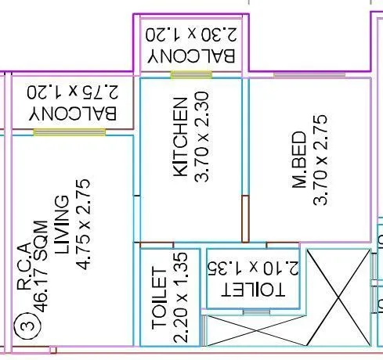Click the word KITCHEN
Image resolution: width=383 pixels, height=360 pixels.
click(180, 137)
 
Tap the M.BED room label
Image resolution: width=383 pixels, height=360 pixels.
click(299, 159)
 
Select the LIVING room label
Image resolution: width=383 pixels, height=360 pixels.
click(62, 225)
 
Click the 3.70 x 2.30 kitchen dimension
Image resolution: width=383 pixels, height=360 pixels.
click(201, 136)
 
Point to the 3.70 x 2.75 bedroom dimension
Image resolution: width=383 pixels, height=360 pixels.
click(320, 160)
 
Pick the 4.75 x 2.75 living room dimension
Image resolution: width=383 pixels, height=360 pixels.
click(83, 225)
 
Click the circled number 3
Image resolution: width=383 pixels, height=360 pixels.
click(27, 326)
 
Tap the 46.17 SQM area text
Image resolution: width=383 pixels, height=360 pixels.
click(41, 267)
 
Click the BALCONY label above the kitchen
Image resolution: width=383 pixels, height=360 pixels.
click(191, 56)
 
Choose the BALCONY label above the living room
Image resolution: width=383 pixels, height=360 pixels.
click(73, 113)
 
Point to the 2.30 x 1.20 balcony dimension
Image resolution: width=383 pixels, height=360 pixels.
click(191, 35)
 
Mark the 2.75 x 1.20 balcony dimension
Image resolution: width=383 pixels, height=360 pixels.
click(73, 92)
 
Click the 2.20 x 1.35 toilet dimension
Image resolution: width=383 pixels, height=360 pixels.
click(180, 297)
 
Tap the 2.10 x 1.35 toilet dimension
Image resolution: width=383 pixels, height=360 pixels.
click(253, 268)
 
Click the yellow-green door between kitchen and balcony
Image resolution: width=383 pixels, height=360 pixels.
click(191, 75)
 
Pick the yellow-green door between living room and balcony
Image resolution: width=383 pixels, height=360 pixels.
click(70, 132)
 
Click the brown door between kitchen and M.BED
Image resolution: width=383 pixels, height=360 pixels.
click(245, 218)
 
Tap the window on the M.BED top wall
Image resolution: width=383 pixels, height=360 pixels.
click(309, 75)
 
